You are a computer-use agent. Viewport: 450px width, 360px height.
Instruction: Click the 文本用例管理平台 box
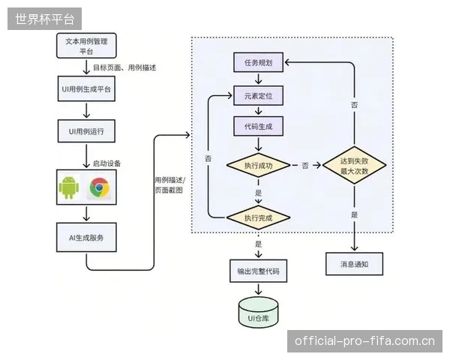86,46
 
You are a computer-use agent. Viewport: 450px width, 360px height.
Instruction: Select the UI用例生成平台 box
86,88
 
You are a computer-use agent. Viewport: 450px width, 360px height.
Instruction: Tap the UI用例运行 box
86,131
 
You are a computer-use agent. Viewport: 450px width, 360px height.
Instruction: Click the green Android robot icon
69,187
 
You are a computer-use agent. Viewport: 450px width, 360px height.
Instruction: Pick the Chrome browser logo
99,187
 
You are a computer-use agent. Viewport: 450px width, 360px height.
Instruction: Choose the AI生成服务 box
86,238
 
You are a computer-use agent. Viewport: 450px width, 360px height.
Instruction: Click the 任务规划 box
258,62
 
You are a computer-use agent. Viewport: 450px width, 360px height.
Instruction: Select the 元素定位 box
258,95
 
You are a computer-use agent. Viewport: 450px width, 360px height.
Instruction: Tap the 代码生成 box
258,126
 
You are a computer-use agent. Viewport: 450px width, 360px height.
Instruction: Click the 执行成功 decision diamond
258,165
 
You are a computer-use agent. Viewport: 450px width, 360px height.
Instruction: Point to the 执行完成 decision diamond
258,217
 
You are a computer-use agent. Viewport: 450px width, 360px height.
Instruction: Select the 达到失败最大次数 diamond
355,165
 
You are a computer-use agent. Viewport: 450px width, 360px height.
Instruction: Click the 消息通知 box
355,264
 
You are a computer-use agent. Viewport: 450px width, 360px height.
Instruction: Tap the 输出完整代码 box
258,271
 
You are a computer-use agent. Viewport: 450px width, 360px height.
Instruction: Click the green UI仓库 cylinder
258,312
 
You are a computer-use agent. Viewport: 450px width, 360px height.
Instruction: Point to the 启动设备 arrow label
106,163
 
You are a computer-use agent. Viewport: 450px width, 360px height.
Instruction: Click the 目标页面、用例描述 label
124,67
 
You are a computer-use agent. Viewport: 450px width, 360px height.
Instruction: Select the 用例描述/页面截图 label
170,185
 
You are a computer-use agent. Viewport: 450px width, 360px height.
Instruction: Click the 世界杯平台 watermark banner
44,19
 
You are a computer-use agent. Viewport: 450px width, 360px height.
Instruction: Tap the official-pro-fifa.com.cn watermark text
364,341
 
